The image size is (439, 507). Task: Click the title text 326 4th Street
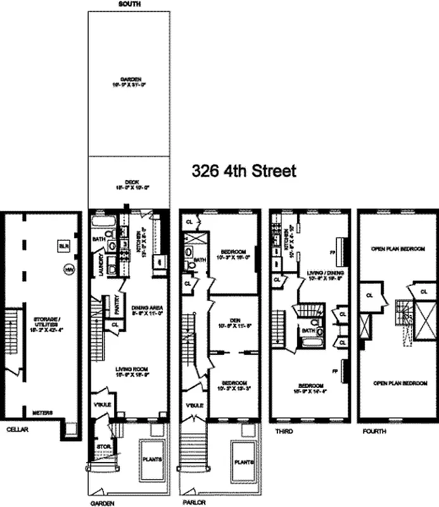pyautogui.click(x=244, y=172)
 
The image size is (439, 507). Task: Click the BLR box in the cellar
pyautogui.click(x=63, y=245)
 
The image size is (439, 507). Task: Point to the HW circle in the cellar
pyautogui.click(x=68, y=269)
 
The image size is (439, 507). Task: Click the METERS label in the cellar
pyautogui.click(x=42, y=413)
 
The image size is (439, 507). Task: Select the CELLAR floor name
pyautogui.click(x=13, y=429)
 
